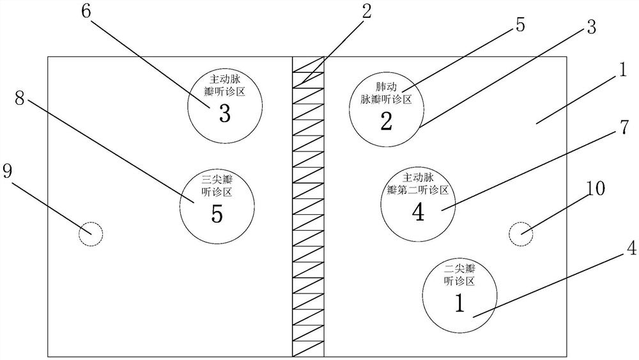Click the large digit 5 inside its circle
pos(217,214)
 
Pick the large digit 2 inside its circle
pos(386,121)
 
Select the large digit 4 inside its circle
pos(419,212)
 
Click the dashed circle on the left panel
pos(90,233)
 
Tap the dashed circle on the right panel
pos(521,233)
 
